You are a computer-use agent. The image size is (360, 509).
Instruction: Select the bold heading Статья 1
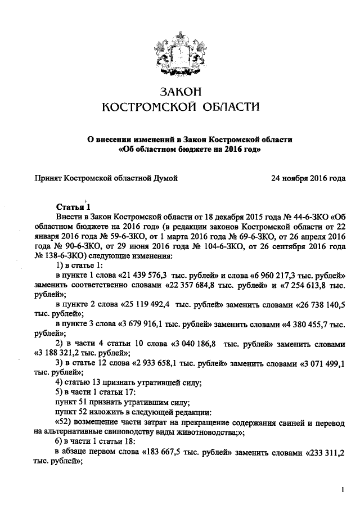(x=73, y=206)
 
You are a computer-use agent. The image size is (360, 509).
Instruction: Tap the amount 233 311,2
(x=325, y=452)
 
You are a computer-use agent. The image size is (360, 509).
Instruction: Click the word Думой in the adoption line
(x=166, y=179)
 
